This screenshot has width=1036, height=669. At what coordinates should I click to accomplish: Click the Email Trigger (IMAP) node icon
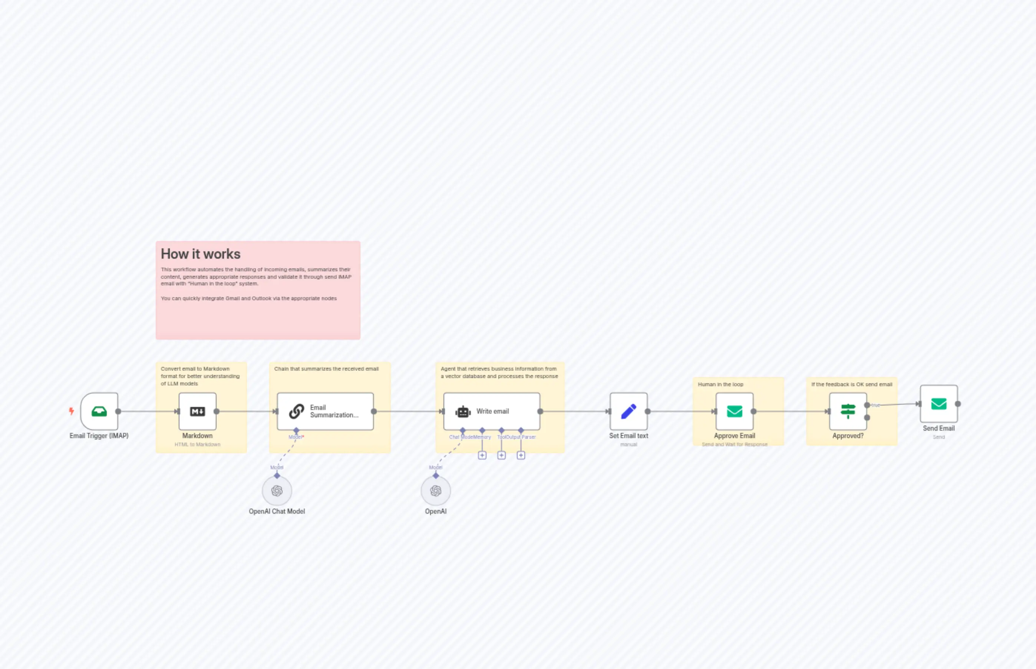click(x=99, y=411)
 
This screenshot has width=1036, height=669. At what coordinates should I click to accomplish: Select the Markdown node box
click(x=197, y=411)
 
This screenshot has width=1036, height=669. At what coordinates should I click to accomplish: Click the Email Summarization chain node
click(x=325, y=411)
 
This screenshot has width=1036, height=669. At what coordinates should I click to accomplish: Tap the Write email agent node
click(x=492, y=411)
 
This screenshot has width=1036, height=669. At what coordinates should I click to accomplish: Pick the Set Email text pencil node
click(x=628, y=411)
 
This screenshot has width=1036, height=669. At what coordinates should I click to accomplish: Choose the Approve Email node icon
click(x=735, y=411)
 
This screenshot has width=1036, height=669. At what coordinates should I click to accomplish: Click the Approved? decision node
click(x=848, y=411)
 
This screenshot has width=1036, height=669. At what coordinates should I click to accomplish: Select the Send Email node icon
click(x=938, y=404)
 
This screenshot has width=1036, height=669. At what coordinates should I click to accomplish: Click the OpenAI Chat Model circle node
click(x=277, y=490)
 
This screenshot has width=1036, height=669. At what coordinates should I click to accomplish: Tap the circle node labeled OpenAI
click(x=435, y=490)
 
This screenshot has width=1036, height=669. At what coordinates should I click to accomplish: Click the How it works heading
click(x=200, y=254)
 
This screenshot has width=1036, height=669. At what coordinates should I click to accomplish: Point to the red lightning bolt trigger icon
click(x=71, y=411)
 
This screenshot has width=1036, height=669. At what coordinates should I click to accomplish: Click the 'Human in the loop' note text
click(x=720, y=384)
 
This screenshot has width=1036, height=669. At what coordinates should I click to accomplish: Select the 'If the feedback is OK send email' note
click(x=851, y=384)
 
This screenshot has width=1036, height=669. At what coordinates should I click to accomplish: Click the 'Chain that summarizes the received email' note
click(x=326, y=369)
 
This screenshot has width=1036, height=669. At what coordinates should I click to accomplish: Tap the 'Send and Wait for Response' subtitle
click(x=735, y=444)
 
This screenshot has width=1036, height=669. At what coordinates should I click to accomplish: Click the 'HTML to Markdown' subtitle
click(x=197, y=444)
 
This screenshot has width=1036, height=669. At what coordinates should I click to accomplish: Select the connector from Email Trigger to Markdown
click(x=148, y=411)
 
